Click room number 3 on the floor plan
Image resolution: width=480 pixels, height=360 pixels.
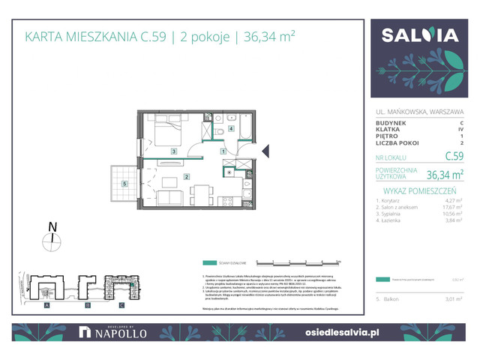173,151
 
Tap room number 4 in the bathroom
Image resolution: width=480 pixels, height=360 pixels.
231,128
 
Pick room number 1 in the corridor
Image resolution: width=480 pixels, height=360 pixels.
223,151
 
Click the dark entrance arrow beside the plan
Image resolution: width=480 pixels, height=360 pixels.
265,152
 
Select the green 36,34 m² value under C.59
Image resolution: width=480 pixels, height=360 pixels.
444,175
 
